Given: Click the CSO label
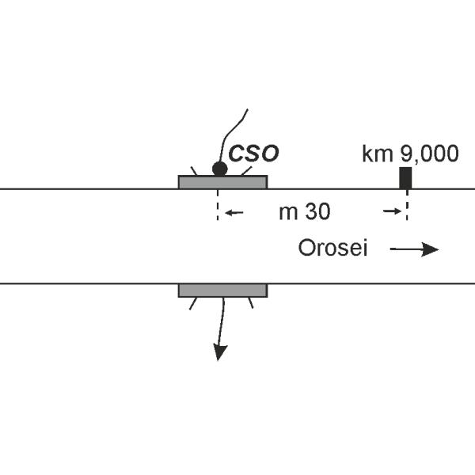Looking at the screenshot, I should tap(253, 153).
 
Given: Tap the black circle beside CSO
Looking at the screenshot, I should tap(219, 168).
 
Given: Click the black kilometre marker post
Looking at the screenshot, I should tap(405, 177).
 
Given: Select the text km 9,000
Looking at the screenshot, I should tap(409, 154).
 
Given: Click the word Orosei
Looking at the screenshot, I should tap(332, 249).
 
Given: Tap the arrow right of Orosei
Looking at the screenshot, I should tap(413, 249).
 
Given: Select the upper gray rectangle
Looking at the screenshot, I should tap(222, 182).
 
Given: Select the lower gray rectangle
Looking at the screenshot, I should tap(222, 290).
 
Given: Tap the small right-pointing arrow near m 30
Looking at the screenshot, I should tap(390, 211).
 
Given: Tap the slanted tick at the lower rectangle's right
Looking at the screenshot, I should tap(251, 302).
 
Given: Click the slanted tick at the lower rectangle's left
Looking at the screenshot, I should tap(192, 302).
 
